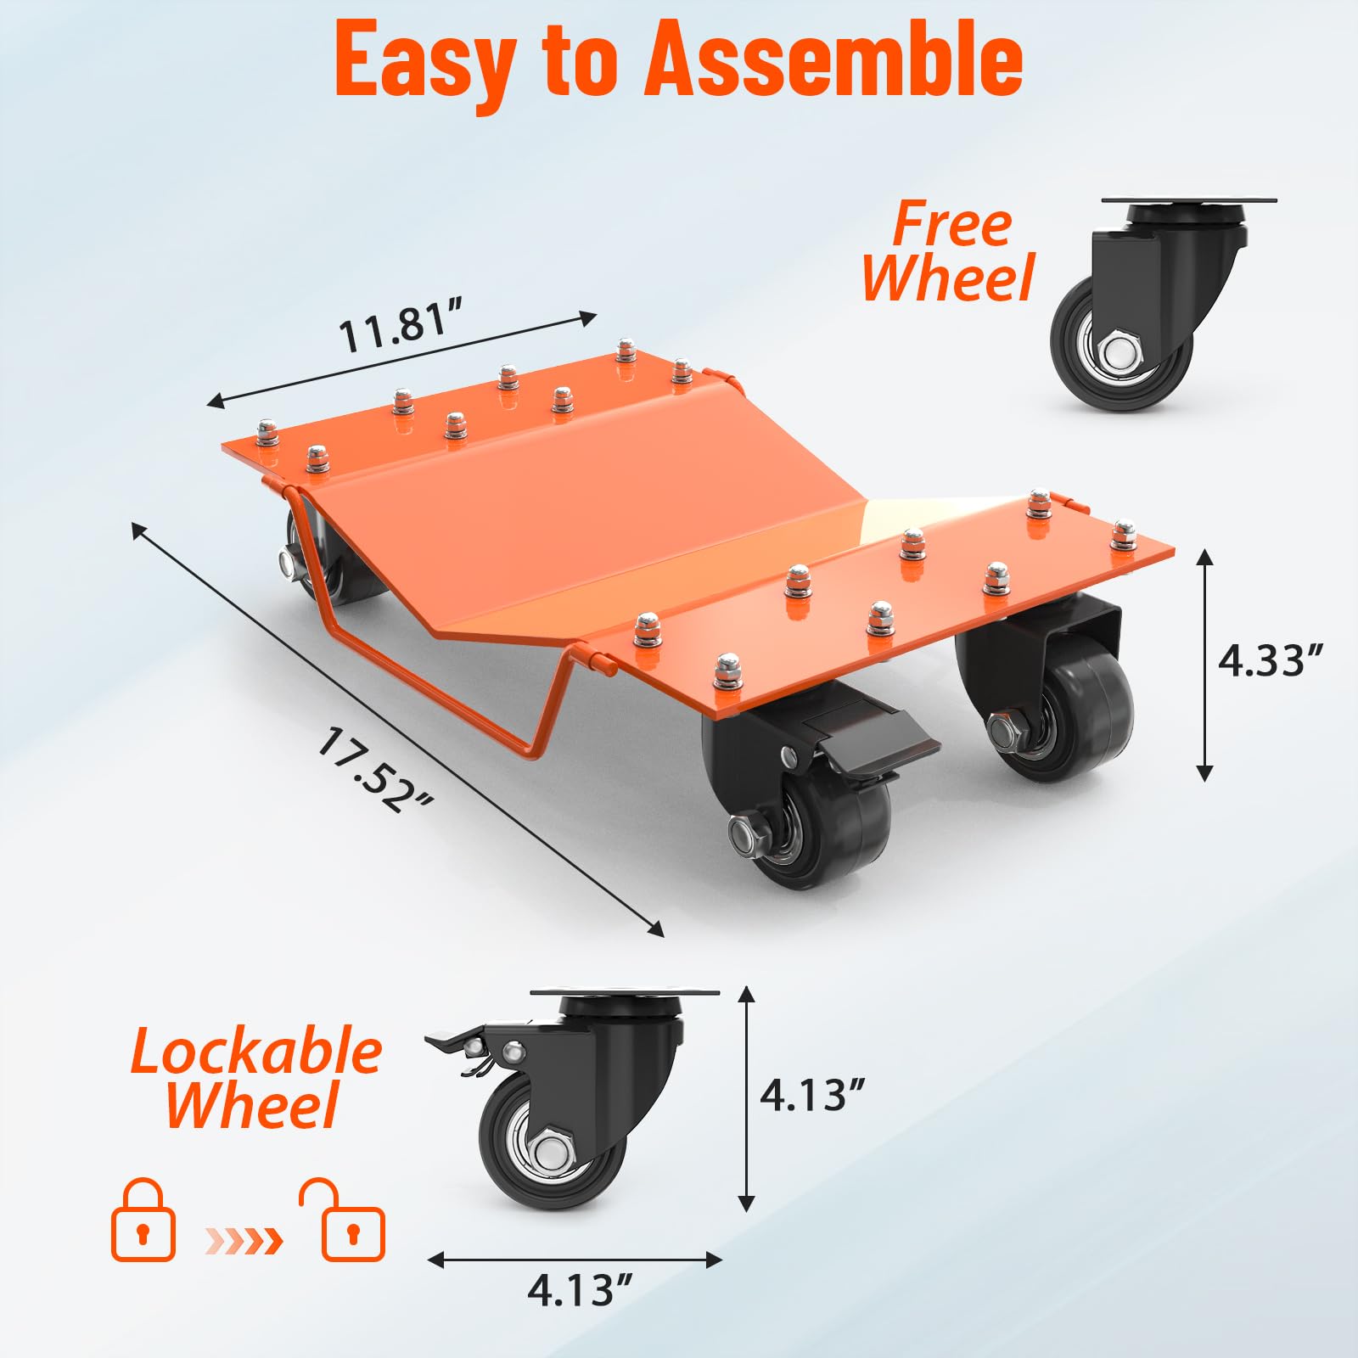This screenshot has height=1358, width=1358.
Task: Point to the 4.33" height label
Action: click(1271, 659)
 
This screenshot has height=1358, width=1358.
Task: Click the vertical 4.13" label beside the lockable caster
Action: click(812, 1095)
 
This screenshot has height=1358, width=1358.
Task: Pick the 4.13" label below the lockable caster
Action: click(581, 1291)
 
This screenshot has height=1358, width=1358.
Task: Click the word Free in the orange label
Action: click(952, 224)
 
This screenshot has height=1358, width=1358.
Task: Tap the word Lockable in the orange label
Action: click(256, 1051)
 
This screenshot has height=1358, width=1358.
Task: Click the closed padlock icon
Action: click(143, 1221)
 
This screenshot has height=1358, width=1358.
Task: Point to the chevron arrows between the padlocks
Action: click(244, 1241)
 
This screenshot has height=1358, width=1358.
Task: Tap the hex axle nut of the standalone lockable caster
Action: click(552, 1151)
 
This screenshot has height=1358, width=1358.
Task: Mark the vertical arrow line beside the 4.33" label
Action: click(1204, 665)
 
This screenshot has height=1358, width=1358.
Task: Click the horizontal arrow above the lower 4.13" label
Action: click(575, 1260)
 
